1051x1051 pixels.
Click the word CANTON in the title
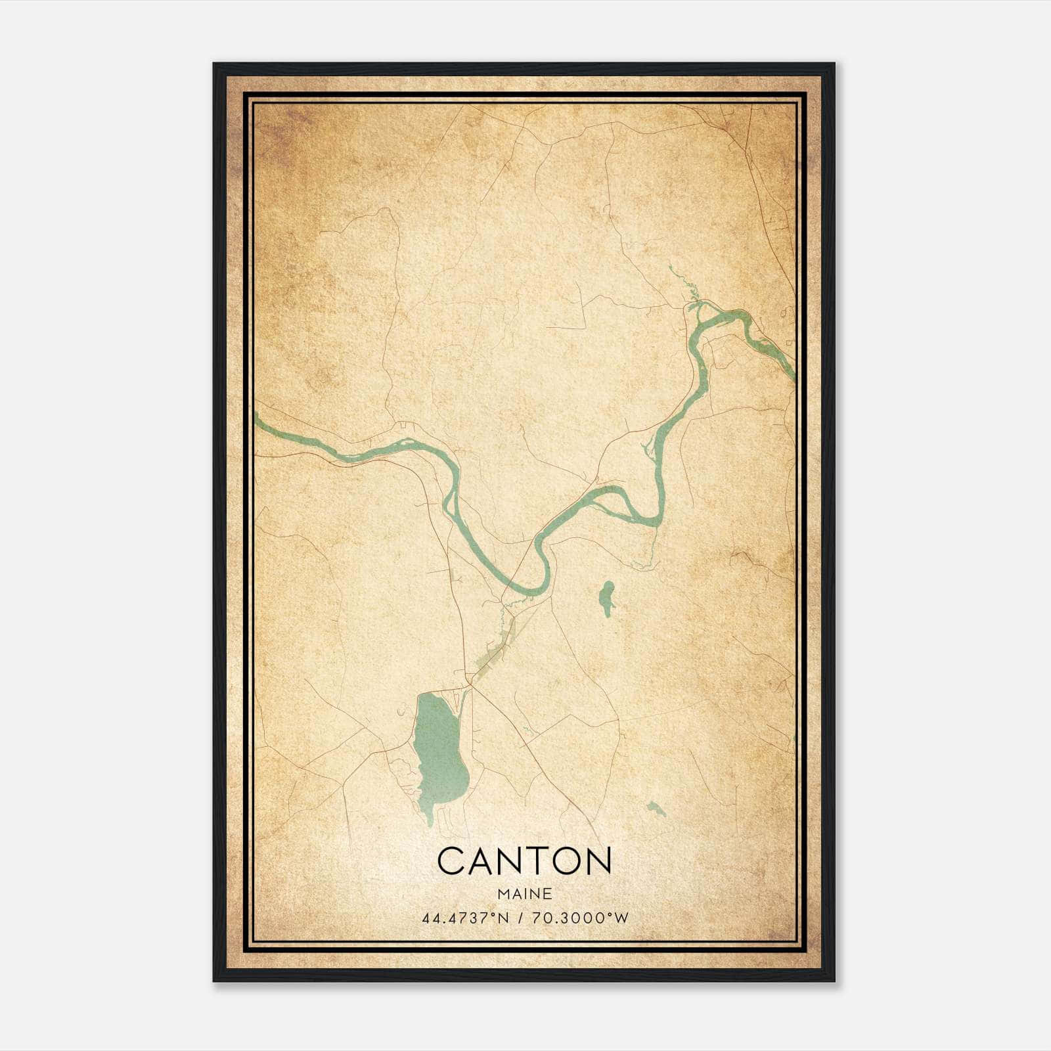tap(524, 861)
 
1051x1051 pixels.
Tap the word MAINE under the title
tap(524, 894)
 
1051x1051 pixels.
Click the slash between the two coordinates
tap(520, 918)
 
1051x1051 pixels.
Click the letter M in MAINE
tap(503, 894)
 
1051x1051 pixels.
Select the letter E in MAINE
tap(547, 894)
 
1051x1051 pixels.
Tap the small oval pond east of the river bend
tap(606, 598)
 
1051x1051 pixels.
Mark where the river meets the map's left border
tap(256, 418)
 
